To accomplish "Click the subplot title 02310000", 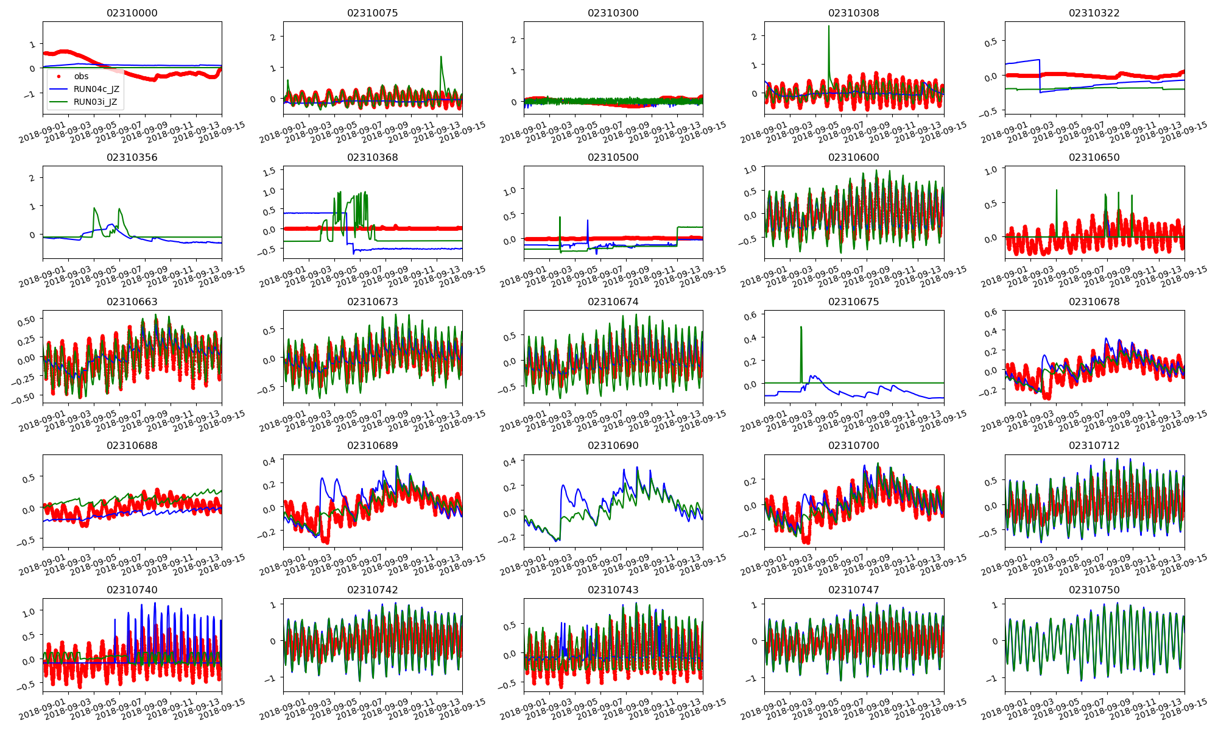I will [132, 13].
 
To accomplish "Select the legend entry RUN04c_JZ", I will [96, 89].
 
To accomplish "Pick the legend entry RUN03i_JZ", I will [95, 102].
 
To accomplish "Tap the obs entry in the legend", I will [81, 76].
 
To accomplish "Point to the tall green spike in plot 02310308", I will [828, 27].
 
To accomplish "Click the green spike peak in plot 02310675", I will [801, 327].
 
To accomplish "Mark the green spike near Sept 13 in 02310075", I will [441, 57].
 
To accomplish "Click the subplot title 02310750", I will [1094, 590].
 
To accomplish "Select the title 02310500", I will [613, 157].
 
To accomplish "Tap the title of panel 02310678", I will [1094, 302].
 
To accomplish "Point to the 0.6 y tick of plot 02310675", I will [750, 315].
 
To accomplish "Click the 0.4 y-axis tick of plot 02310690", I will [509, 462].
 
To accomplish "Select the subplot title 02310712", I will [1094, 445].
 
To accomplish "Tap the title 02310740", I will [132, 590].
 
